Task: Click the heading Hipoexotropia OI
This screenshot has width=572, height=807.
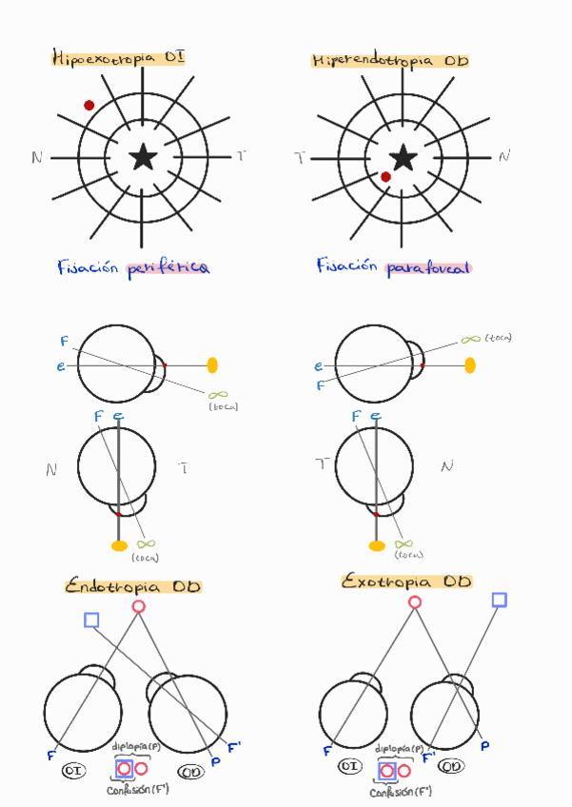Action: coord(118,58)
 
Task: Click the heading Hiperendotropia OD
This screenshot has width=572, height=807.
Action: coord(390,61)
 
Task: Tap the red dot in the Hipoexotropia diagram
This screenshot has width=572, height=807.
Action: coord(89,106)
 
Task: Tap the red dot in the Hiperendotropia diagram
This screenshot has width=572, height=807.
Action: coord(385,177)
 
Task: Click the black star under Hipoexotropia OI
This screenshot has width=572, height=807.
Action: coord(143,157)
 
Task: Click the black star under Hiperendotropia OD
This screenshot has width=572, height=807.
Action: coord(403,157)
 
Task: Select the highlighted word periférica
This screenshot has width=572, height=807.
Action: coord(168,268)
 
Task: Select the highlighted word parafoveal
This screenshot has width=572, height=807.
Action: coord(428,268)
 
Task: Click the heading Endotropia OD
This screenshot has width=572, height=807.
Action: coord(132,587)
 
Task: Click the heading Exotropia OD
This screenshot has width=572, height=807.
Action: coord(407,581)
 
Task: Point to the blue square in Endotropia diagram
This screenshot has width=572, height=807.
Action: coord(91,620)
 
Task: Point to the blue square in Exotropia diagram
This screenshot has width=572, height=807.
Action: coord(499,600)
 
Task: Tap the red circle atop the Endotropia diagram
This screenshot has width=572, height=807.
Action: coord(138,606)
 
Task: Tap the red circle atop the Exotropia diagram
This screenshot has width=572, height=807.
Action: coord(414,601)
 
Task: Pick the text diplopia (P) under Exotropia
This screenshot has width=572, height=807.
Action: coord(399,748)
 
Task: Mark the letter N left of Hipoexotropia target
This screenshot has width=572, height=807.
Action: coord(36,158)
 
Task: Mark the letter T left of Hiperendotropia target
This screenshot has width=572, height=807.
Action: coord(300,158)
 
